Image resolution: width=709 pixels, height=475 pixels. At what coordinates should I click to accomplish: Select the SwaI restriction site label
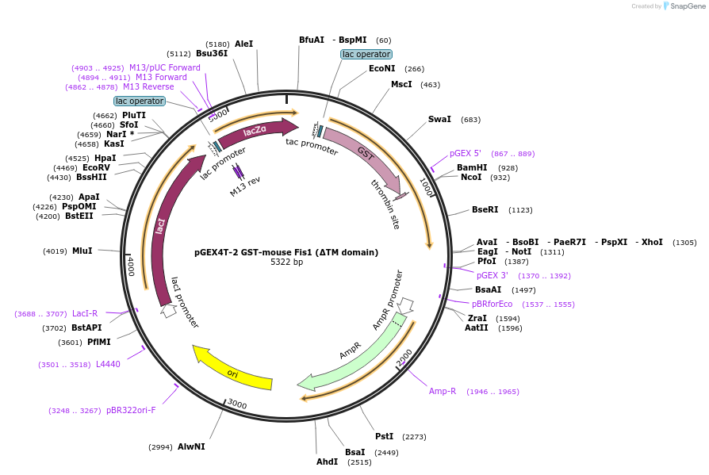point(439,119)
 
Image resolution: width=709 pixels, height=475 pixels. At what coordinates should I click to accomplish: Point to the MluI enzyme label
point(82,251)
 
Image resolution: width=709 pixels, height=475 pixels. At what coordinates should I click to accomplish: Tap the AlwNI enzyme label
point(191,446)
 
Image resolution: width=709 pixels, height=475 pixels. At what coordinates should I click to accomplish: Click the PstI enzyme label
point(384,436)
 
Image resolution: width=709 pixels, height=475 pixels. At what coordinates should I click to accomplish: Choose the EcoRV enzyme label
point(96,167)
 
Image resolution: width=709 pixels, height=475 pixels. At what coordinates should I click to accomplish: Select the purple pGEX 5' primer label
point(466,153)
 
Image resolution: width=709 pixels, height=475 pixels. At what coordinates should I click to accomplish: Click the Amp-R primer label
point(443,391)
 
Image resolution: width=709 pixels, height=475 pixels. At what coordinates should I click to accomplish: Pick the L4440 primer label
point(109,364)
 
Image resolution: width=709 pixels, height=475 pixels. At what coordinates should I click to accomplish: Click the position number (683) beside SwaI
point(470,120)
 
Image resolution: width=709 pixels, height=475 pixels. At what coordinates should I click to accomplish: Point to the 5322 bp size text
point(286,262)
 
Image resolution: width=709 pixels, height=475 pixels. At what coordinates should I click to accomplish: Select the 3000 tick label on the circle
point(237,404)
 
